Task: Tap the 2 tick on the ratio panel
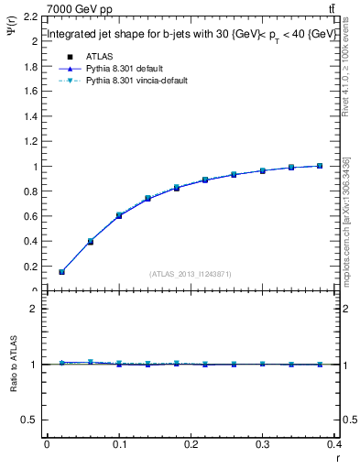31,309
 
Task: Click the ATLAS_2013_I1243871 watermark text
191,274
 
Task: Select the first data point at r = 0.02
61,272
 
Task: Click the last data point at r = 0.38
320,166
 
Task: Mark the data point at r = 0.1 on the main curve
119,215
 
